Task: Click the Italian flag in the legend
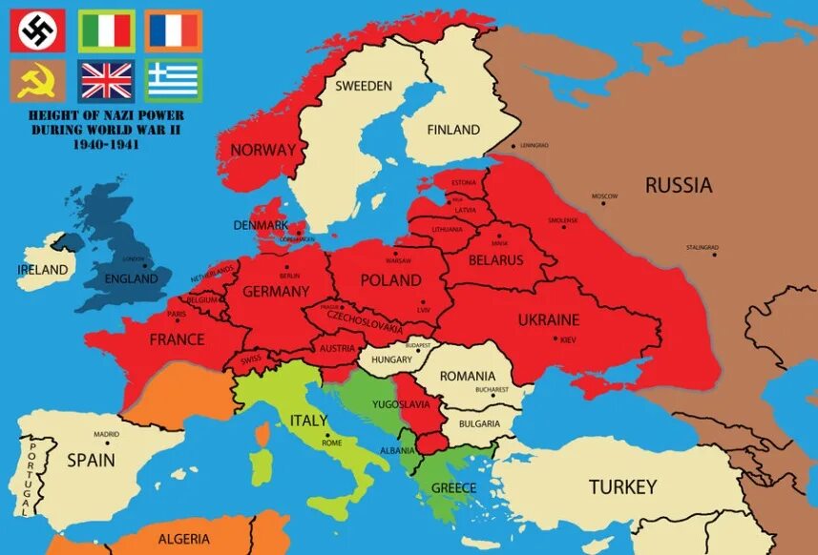click(x=106, y=31)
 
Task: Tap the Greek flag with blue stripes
click(x=174, y=80)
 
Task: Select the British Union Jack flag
click(x=106, y=80)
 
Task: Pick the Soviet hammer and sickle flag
click(x=38, y=80)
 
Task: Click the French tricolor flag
click(x=174, y=31)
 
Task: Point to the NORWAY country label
click(x=263, y=150)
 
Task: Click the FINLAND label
click(x=453, y=130)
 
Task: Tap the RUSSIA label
click(x=679, y=185)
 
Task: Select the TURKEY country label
click(x=622, y=486)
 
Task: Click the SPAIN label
click(x=91, y=460)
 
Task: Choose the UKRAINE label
click(x=548, y=319)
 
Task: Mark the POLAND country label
click(x=390, y=279)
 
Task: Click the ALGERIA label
click(x=182, y=538)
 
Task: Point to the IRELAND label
click(x=43, y=270)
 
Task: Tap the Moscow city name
click(x=604, y=196)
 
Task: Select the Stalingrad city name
click(x=702, y=248)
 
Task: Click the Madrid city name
click(x=106, y=434)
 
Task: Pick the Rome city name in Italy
click(x=332, y=442)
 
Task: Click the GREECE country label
click(x=453, y=487)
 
